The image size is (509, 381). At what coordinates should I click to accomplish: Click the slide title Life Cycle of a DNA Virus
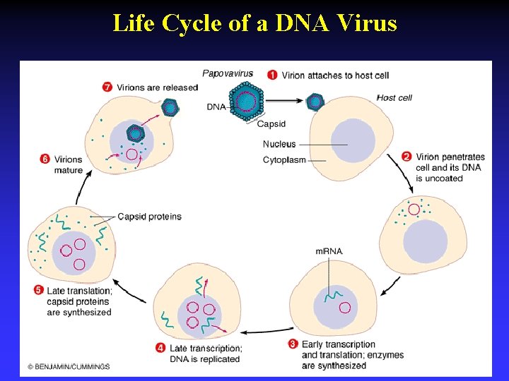[255, 23]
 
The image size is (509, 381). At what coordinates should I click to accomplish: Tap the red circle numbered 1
[272, 75]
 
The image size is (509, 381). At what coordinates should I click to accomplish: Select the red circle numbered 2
[406, 157]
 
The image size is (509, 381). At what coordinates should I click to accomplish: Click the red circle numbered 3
[293, 344]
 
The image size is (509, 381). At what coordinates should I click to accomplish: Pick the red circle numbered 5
[38, 291]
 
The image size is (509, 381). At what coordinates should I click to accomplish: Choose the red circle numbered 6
[45, 159]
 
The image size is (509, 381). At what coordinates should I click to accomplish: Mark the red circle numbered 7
[107, 87]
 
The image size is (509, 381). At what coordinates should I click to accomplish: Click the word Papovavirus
[228, 73]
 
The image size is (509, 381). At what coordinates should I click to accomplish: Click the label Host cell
[394, 97]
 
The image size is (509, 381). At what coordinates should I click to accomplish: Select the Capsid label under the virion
[271, 124]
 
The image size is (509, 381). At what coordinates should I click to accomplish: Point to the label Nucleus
[279, 144]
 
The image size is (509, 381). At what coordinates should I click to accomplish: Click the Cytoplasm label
[284, 159]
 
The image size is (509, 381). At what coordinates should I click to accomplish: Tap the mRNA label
[329, 251]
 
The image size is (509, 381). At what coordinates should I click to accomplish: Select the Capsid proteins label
[149, 217]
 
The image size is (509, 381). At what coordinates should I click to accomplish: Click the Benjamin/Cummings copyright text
[69, 366]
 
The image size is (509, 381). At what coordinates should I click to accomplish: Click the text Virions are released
[157, 87]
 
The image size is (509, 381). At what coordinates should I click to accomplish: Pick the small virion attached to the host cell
[315, 102]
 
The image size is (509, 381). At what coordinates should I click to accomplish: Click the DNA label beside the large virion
[216, 107]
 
